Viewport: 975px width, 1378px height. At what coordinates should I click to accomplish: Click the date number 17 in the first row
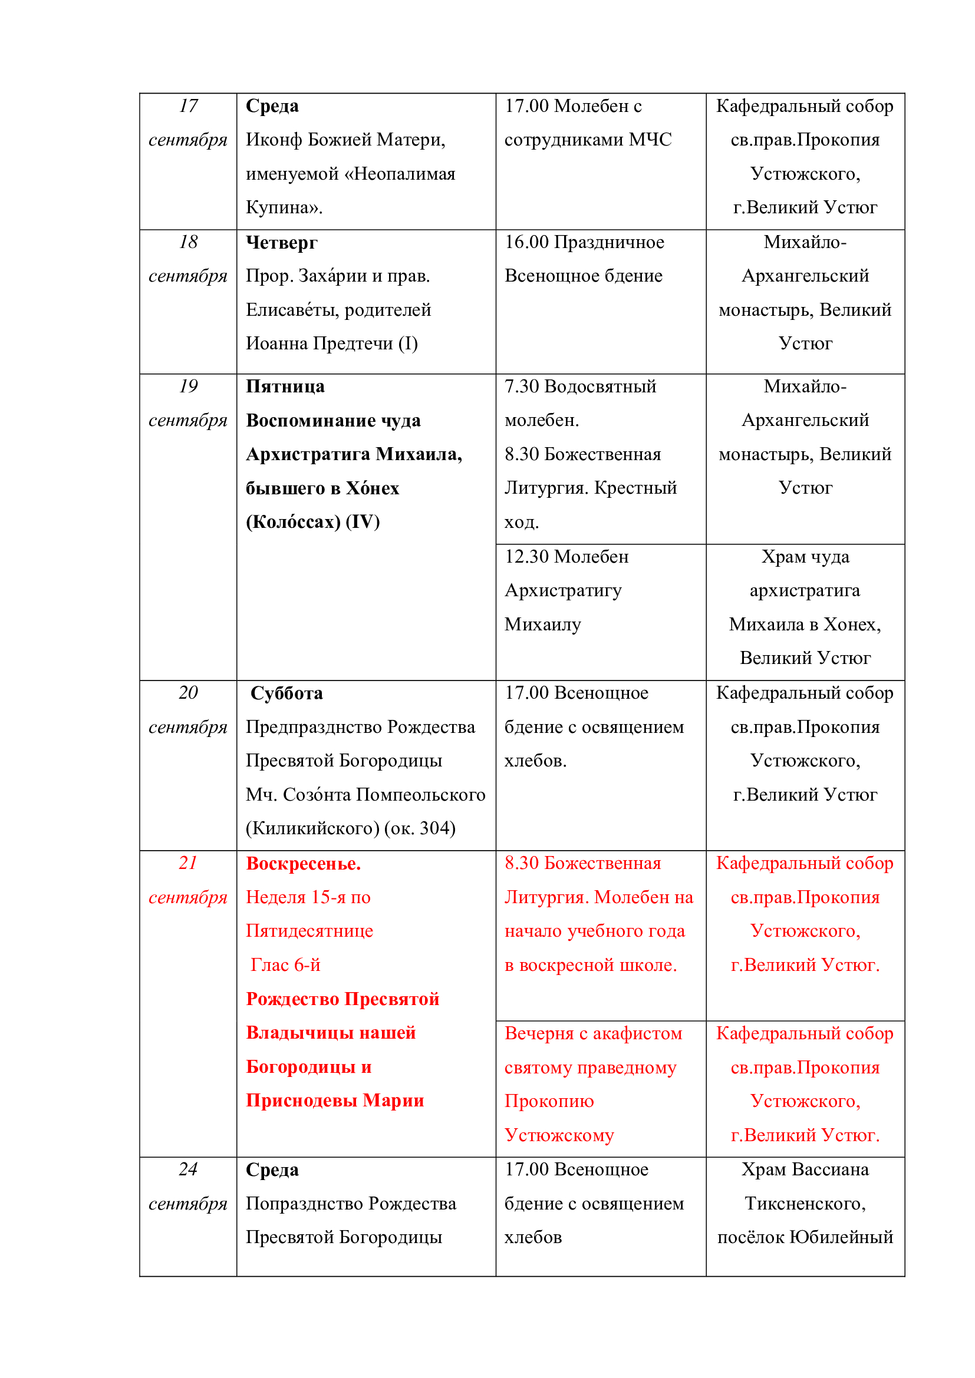(x=188, y=106)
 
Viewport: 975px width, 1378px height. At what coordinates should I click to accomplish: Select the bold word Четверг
(x=282, y=243)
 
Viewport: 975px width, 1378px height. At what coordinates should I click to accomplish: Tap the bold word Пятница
(x=285, y=386)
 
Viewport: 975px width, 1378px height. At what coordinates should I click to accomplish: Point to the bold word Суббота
(x=286, y=693)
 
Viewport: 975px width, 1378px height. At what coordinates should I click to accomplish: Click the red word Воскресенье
(x=303, y=864)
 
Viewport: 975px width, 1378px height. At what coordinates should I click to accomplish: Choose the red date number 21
(x=188, y=863)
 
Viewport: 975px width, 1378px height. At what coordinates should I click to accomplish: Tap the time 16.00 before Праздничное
(x=526, y=243)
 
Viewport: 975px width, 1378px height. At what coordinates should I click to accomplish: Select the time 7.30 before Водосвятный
(x=522, y=386)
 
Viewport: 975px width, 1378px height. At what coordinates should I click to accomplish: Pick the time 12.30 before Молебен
(x=526, y=557)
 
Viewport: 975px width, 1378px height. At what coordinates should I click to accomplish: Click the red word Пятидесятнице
(x=309, y=931)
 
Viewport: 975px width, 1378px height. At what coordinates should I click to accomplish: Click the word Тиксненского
(x=805, y=1204)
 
